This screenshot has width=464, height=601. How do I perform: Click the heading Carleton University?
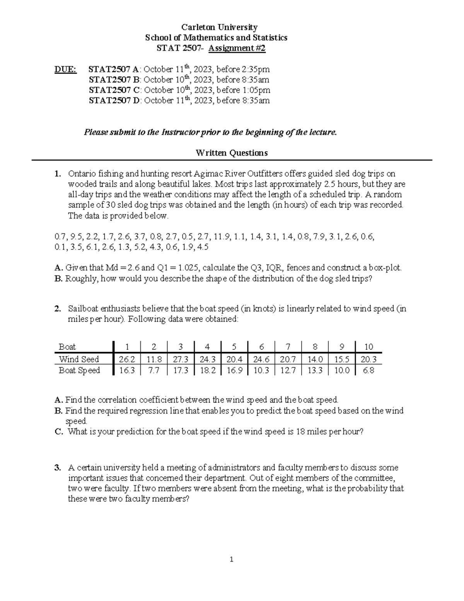pos(220,27)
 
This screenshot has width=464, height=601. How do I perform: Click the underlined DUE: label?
pos(65,69)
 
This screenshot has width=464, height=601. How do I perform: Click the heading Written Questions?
pos(232,153)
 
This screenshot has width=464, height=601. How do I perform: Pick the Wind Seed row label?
pos(78,359)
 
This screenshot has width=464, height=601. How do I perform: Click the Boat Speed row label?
pos(79,370)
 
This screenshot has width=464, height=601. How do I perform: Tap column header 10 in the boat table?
pos(368,347)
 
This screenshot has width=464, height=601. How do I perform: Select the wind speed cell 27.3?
pos(181,359)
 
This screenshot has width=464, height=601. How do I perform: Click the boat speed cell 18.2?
pos(208,370)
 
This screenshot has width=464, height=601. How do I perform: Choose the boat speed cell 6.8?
pos(368,370)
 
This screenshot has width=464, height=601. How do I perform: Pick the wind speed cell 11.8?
pos(154,359)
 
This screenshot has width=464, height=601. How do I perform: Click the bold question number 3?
pos(58,467)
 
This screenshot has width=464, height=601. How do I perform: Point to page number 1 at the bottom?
pos(231,559)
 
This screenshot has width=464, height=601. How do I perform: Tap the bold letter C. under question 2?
pos(59,431)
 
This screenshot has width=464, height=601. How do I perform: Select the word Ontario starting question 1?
pos(81,174)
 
